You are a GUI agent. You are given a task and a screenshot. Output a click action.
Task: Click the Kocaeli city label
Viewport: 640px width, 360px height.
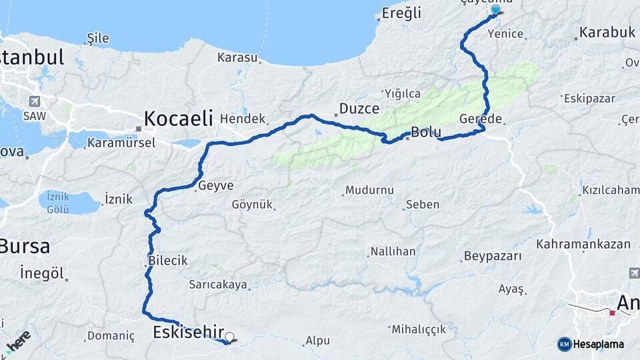click(x=178, y=119)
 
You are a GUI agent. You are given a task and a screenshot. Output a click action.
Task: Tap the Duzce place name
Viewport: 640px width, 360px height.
click(x=359, y=108)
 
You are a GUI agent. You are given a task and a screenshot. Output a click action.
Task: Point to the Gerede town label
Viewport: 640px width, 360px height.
click(x=480, y=119)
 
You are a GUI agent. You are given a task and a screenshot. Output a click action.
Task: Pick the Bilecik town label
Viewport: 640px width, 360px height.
click(x=169, y=261)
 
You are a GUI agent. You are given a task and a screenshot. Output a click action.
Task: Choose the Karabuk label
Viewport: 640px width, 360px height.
click(x=607, y=31)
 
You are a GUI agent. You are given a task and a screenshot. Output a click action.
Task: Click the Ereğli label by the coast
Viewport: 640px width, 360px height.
click(x=403, y=13)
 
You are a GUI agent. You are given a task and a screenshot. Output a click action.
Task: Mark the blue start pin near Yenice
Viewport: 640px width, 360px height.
click(x=495, y=10)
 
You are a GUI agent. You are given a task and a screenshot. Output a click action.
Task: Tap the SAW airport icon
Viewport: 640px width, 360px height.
click(x=34, y=101)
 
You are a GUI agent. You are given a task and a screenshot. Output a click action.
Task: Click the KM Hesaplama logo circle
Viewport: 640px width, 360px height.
click(x=564, y=344)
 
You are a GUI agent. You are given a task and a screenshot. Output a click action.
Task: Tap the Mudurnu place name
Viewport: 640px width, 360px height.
click(x=369, y=190)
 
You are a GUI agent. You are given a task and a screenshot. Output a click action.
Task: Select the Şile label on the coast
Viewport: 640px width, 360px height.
click(x=98, y=38)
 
